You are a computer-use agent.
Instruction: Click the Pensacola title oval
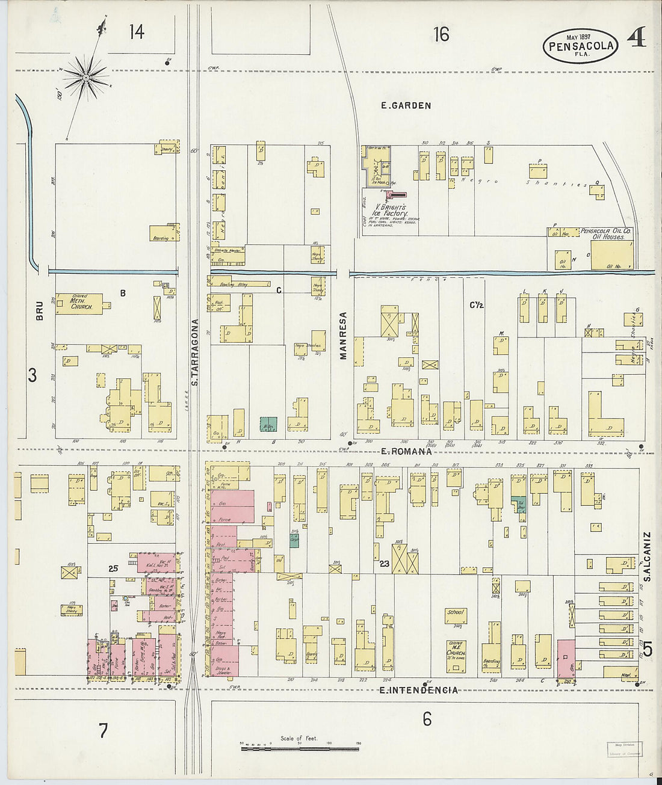point(580,46)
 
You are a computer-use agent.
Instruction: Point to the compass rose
point(87,76)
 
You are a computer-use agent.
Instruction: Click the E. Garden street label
point(406,106)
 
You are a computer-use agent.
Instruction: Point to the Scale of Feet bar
point(300,748)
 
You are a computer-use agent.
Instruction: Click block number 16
point(441,35)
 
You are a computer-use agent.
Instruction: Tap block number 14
point(137,31)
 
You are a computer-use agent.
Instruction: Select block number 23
point(385,564)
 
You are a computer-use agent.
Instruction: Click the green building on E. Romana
point(268,423)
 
